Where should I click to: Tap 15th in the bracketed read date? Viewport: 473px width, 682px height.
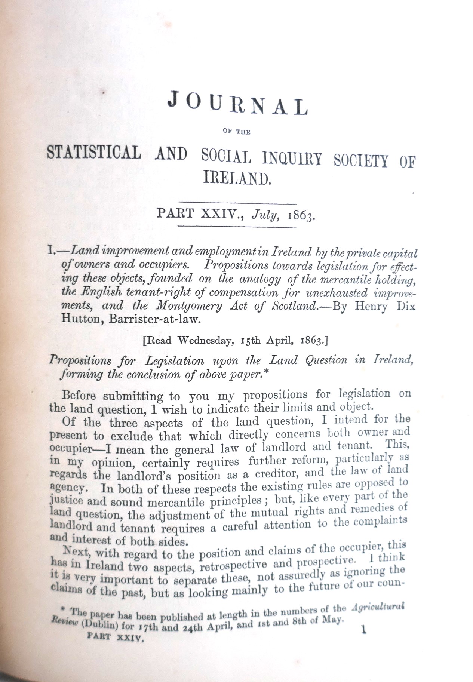[253, 341]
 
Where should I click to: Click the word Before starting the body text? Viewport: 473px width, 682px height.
[80, 395]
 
